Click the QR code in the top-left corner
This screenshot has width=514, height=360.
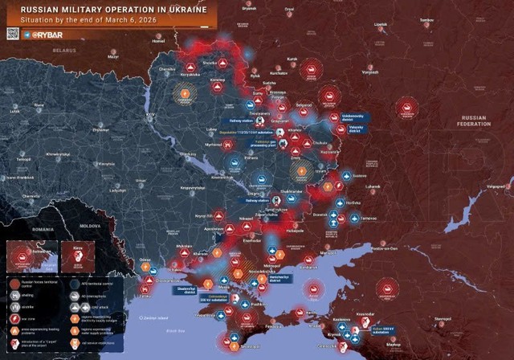coord(13,34)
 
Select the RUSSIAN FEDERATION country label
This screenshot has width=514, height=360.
coord(473,121)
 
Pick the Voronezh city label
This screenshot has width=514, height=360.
coord(370,72)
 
